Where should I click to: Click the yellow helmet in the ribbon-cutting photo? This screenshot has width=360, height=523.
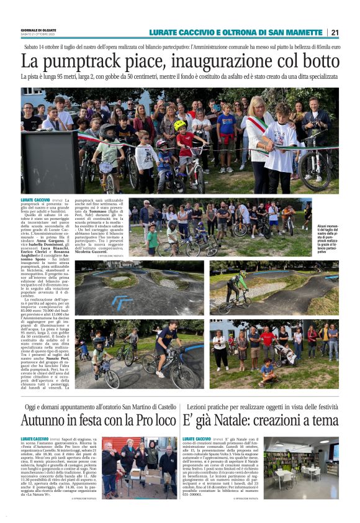[x=180, y=125]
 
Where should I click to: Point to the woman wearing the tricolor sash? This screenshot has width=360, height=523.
[x=258, y=140]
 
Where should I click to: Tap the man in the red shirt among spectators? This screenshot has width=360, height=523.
[x=268, y=343]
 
